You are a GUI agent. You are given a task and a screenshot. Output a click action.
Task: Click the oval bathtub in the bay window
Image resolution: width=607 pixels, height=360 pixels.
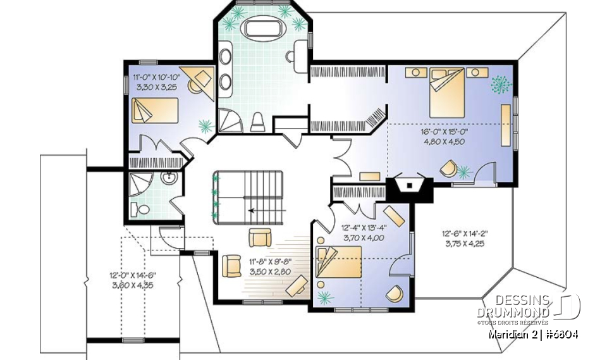pyautogui.click(x=259, y=28)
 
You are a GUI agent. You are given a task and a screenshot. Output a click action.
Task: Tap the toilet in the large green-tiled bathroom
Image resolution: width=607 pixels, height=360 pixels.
pyautogui.click(x=257, y=121)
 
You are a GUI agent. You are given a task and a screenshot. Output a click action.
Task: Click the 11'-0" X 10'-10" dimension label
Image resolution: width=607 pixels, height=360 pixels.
pyautogui.click(x=156, y=77)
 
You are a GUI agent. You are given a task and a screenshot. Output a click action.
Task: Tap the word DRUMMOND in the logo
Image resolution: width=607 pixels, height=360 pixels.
pyautogui.click(x=522, y=314)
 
